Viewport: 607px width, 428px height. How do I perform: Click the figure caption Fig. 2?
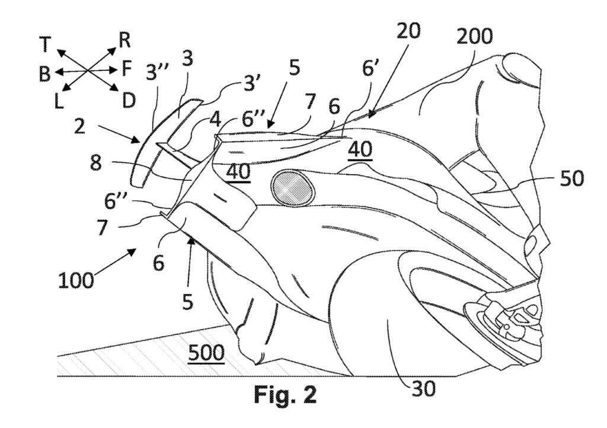click(285, 395)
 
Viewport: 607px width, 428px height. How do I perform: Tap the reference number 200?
click(475, 37)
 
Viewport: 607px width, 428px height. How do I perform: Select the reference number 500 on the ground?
click(206, 353)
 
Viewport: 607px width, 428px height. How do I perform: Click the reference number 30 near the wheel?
click(423, 388)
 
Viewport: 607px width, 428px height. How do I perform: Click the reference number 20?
click(408, 30)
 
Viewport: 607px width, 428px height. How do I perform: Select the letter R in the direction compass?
click(124, 40)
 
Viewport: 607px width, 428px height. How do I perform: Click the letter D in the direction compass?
click(128, 101)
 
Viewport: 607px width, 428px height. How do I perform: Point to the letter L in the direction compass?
click(59, 101)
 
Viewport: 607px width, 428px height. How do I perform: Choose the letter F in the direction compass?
click(127, 70)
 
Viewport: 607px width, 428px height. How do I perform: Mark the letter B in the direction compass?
click(44, 74)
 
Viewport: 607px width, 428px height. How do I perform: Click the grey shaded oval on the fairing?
click(293, 187)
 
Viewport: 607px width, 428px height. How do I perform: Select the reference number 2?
click(80, 126)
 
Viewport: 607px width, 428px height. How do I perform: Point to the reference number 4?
click(215, 119)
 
